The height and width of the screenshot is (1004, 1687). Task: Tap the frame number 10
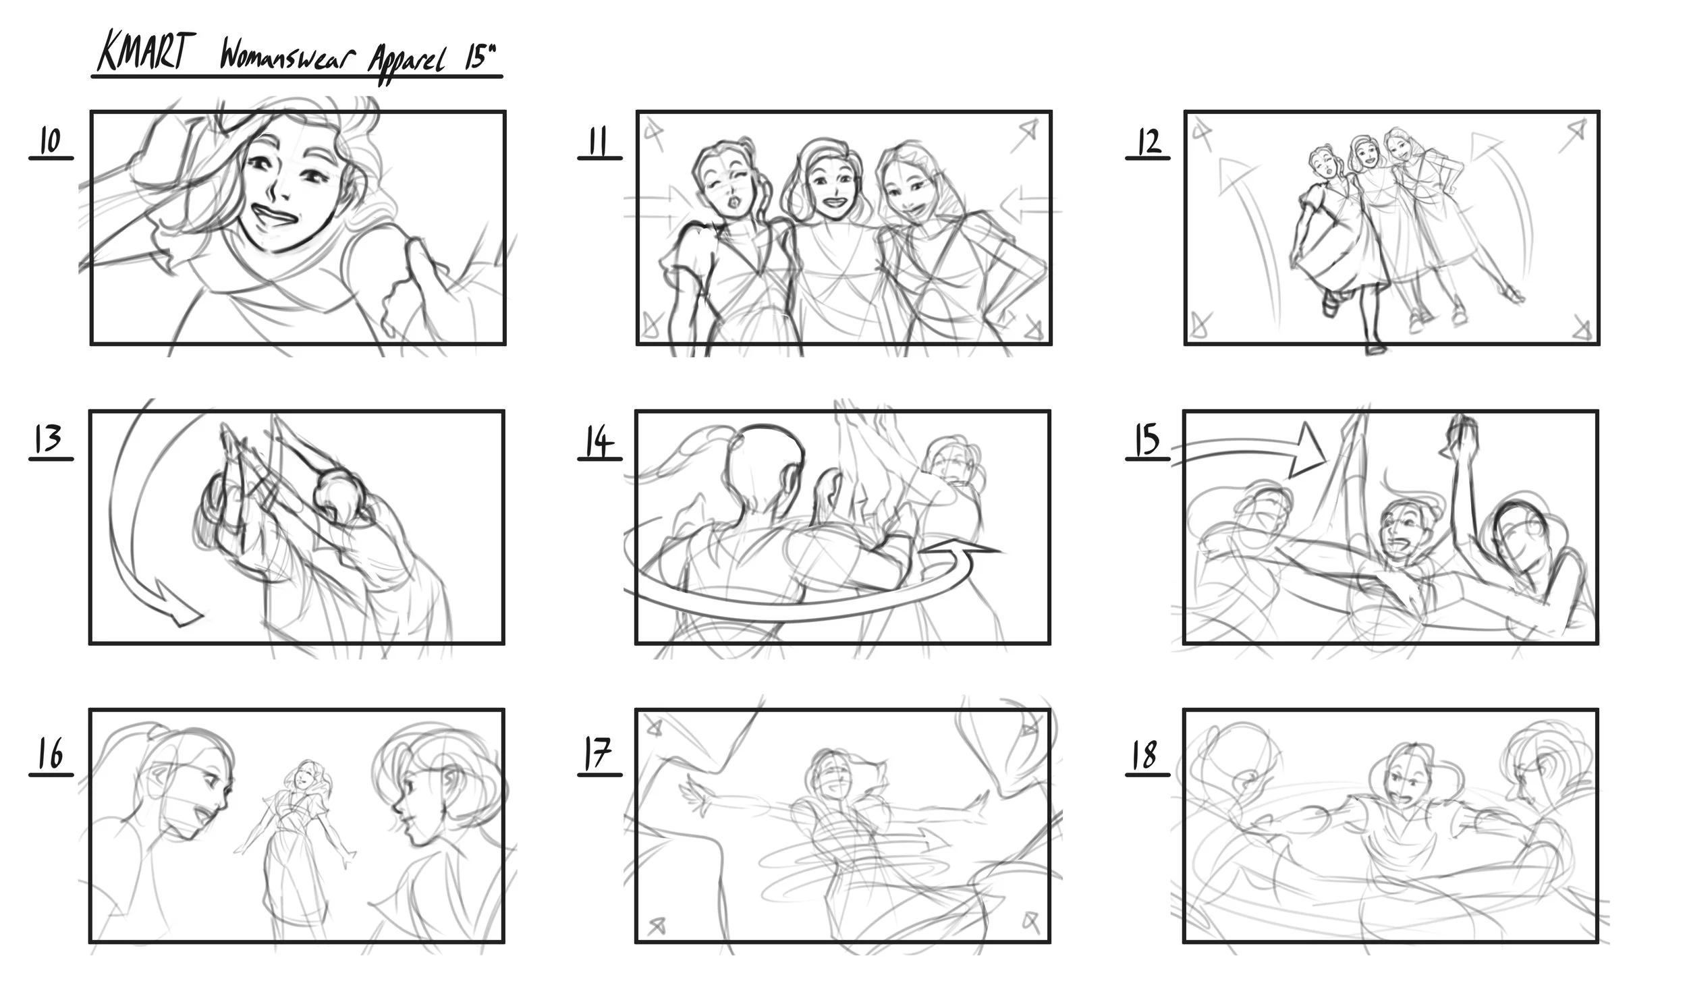pyautogui.click(x=50, y=142)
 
